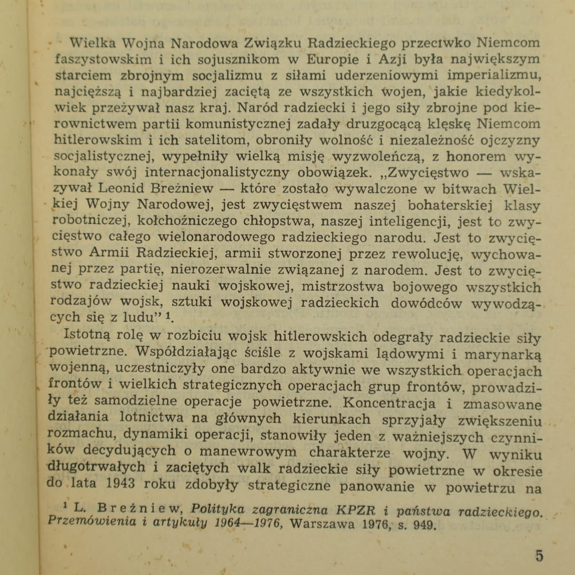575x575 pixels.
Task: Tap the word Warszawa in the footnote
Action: [x=325, y=525]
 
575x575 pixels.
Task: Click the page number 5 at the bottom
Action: [x=538, y=556]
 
